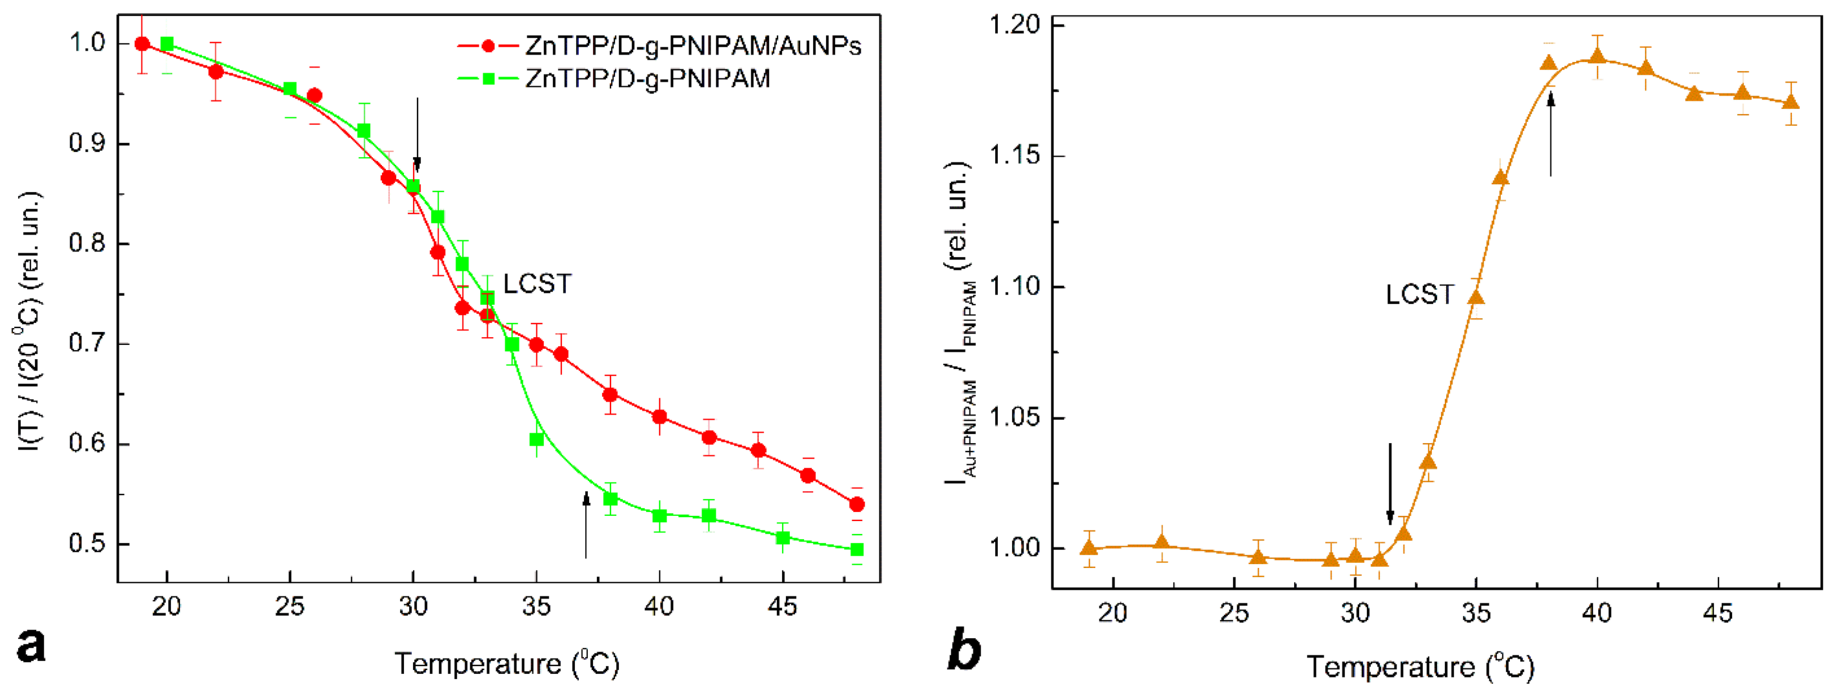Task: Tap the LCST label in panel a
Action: pos(537,284)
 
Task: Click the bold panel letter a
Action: pos(31,646)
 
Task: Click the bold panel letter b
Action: pos(964,649)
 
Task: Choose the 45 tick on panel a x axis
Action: pos(782,606)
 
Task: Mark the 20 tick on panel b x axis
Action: pos(1112,612)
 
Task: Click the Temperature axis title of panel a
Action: pos(507,663)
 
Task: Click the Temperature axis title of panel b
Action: pos(1420,667)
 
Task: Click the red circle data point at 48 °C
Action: pos(857,504)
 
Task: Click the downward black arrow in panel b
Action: pos(1390,484)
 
